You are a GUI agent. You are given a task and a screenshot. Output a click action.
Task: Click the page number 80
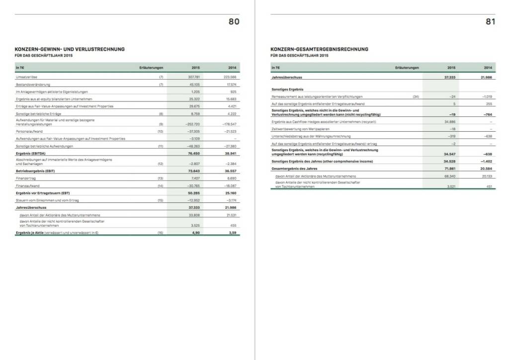tap(234, 21)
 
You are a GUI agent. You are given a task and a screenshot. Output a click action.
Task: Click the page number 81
tap(490, 21)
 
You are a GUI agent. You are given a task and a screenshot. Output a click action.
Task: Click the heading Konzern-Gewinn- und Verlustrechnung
tap(70, 49)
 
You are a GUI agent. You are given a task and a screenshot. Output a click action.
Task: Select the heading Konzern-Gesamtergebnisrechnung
tap(319, 49)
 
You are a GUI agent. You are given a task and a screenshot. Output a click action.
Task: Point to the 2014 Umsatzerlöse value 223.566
tap(229, 77)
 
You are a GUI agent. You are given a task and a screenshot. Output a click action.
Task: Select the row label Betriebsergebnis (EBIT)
tap(35, 171)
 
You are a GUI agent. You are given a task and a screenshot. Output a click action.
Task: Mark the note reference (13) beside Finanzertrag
tap(161, 178)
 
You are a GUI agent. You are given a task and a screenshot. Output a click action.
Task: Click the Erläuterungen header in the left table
tap(151, 67)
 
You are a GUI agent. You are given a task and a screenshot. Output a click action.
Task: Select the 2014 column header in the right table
tap(488, 67)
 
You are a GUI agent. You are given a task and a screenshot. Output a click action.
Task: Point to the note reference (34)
tap(416, 96)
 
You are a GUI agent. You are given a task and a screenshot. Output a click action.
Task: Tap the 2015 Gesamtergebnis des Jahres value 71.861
tap(449, 169)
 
